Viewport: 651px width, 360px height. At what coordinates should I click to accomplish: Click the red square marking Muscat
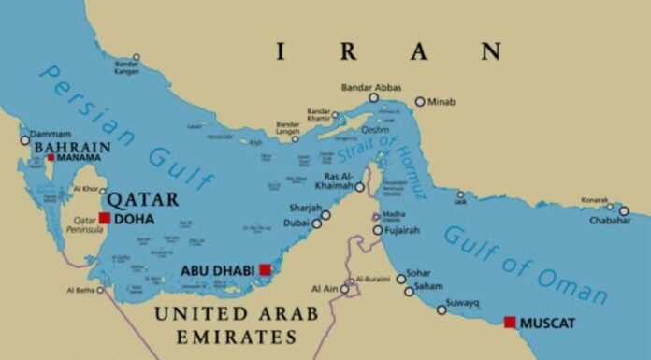510,322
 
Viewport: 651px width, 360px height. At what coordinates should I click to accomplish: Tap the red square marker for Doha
105,218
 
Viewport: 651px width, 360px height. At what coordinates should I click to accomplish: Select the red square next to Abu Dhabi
266,269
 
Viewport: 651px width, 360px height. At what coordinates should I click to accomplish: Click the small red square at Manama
51,157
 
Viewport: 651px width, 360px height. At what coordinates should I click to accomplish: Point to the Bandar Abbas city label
372,87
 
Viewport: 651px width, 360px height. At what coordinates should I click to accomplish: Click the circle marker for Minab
420,101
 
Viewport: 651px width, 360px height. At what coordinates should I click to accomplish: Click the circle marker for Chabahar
624,210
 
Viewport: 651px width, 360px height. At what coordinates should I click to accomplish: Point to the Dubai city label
297,223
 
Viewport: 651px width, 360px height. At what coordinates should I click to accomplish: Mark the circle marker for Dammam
25,141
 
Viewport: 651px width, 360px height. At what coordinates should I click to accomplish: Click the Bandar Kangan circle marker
137,57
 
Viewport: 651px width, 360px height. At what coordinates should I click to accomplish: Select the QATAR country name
142,198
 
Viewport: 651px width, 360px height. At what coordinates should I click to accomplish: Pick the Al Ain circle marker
344,289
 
